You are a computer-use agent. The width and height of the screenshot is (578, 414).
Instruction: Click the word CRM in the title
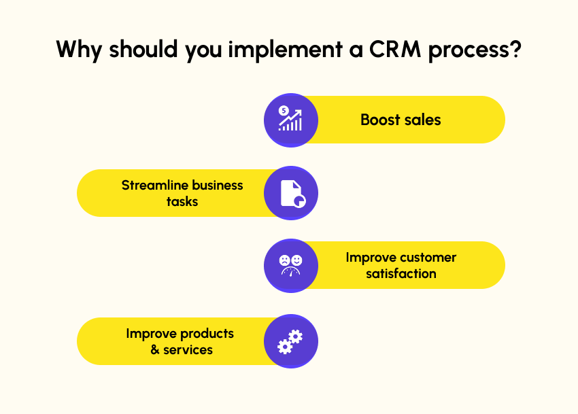point(395,49)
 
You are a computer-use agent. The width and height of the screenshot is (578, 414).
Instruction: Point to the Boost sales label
point(401,120)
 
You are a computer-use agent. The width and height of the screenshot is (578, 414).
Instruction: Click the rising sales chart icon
point(290,118)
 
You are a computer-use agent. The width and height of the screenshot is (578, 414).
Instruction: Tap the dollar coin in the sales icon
point(284,110)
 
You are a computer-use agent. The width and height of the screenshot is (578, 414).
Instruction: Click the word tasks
point(182,202)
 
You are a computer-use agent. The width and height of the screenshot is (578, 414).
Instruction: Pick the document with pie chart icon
point(292,193)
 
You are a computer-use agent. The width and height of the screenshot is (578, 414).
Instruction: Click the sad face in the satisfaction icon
point(284,260)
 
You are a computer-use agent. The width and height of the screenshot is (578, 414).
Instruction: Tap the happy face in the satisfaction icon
point(296,260)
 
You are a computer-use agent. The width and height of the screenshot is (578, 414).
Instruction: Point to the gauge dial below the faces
point(291,272)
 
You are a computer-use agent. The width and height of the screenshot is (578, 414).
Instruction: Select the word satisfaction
point(401,273)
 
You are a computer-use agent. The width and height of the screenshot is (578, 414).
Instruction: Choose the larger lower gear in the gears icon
point(285,347)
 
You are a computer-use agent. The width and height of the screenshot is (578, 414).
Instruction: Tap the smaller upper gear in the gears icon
point(296,337)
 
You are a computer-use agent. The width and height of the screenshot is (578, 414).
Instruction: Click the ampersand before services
point(155,349)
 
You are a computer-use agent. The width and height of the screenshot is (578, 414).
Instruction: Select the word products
point(207,334)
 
